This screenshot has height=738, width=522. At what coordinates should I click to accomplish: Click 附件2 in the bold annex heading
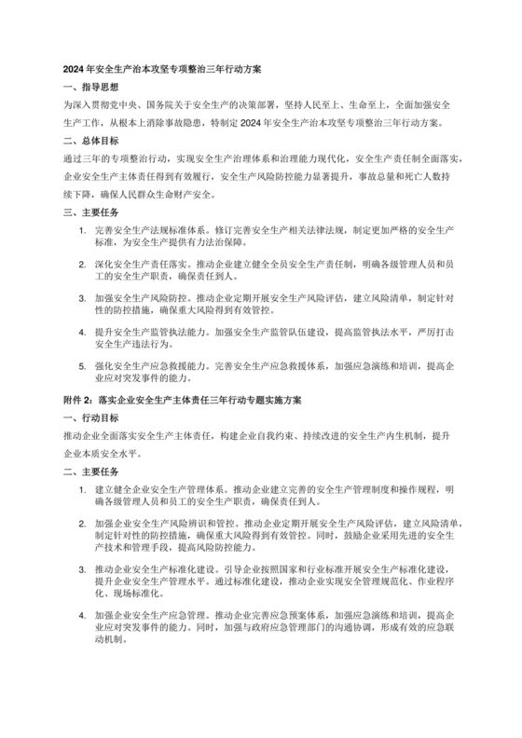click(x=76, y=399)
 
